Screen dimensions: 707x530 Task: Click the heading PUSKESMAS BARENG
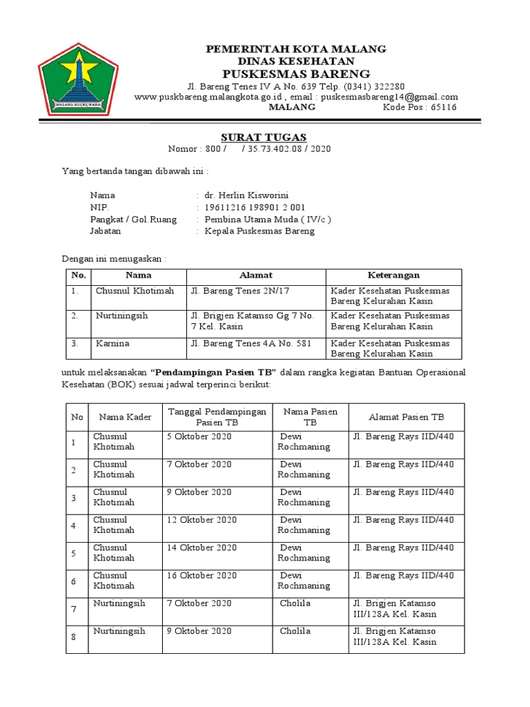pos(296,74)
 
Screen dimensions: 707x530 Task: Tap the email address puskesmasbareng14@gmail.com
pos(393,97)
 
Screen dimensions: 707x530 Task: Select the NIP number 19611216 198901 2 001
pos(255,207)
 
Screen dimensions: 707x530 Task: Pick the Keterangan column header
pos(393,275)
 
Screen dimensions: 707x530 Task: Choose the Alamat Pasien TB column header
pos(406,417)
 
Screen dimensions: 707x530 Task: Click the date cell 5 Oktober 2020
pos(199,437)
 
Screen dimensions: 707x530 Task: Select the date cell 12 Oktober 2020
pos(202,520)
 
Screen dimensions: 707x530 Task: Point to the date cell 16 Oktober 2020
pos(202,575)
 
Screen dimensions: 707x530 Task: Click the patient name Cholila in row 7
pos(295,603)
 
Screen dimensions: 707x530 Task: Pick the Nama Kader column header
pos(125,417)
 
